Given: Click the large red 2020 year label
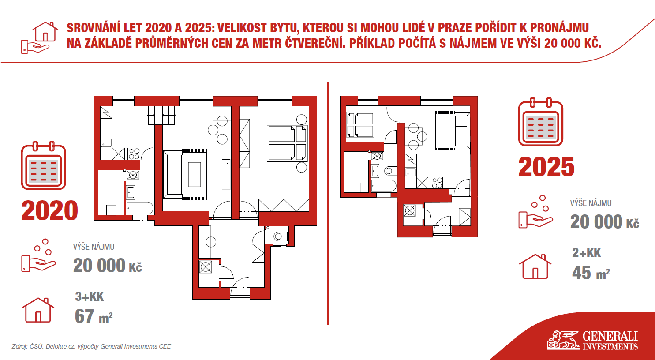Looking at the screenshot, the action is point(49,210).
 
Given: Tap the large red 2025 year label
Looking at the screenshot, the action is point(546,167).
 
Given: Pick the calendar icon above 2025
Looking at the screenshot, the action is point(541,122).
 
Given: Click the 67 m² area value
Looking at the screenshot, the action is point(94,316).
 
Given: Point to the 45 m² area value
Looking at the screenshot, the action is point(591,273).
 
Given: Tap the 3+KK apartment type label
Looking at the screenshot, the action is point(90,296).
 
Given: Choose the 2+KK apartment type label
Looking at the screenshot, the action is point(586,253).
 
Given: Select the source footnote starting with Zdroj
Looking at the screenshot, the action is point(91,346).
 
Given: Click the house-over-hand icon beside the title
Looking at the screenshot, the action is point(39,37).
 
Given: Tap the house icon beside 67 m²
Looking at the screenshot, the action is point(38,310).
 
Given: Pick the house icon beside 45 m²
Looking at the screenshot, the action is point(535,266).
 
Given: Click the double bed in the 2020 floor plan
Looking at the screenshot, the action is point(287,143).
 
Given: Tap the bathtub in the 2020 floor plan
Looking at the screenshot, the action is point(140,208).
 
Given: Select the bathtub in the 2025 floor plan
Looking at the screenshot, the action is point(384,186).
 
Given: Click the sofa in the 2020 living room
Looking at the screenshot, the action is point(173,174).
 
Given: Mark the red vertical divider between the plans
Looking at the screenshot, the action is point(328,203).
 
